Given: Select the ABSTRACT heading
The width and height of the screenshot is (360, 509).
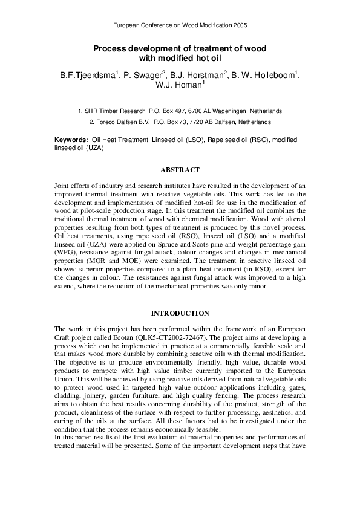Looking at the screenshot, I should tap(180, 170).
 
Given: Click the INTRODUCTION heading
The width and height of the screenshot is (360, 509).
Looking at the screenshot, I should tap(180, 313).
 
